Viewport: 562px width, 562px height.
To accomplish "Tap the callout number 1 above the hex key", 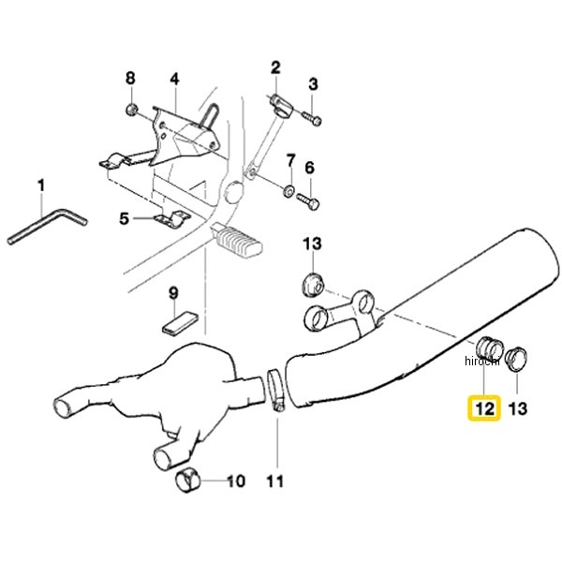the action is (41, 185).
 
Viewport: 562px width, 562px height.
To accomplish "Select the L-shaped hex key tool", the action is (48, 226).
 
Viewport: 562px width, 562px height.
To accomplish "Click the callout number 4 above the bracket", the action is (174, 79).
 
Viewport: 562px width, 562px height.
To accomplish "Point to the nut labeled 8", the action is (131, 109).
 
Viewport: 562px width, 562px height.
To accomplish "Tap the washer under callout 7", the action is (288, 191).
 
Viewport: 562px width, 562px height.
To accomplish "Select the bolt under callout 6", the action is (308, 201).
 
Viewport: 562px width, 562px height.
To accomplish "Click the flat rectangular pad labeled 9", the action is (180, 322).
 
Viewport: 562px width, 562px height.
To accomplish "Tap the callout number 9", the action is (173, 293).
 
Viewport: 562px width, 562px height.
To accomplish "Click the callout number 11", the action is (274, 481).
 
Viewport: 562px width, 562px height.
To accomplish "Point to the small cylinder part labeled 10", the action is (187, 480).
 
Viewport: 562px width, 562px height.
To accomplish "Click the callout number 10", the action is (236, 481).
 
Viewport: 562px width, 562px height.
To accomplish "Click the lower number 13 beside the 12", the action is (517, 408).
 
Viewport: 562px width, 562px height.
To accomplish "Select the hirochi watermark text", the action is (481, 362).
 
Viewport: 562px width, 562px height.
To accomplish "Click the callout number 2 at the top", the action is (275, 67).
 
